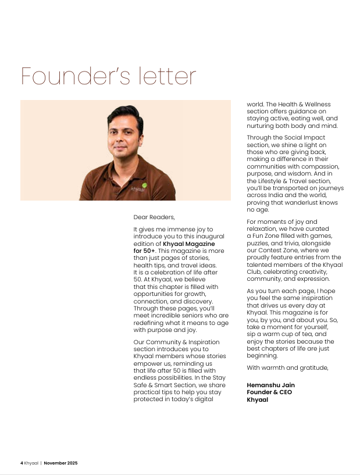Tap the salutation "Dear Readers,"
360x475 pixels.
click(x=154, y=217)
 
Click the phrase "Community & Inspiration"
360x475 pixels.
click(x=171, y=342)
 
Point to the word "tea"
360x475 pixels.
click(x=303, y=334)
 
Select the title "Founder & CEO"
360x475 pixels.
click(x=269, y=392)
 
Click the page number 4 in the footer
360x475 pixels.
click(x=22, y=463)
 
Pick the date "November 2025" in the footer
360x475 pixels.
click(x=61, y=463)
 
